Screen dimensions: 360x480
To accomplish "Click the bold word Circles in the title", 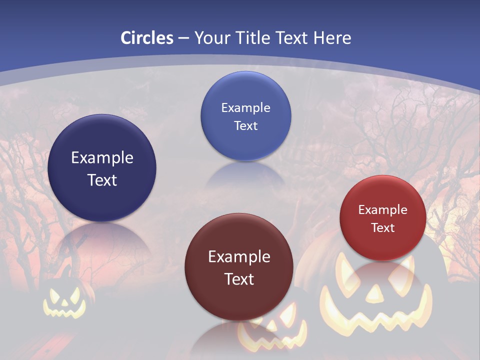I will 146,37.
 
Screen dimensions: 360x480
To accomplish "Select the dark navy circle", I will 102,168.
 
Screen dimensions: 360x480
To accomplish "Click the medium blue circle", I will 245,116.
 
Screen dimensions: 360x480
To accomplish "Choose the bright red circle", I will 383,218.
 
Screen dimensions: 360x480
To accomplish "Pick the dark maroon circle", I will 239,267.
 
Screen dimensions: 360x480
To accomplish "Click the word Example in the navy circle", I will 102,158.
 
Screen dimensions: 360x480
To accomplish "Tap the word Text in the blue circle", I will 245,125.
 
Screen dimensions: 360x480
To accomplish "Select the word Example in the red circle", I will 383,210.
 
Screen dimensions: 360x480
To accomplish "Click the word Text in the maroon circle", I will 239,279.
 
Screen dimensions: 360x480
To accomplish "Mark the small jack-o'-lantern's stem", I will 66,272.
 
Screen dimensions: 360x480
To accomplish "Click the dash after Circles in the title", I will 183,38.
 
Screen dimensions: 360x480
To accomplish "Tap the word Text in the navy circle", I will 102,180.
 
